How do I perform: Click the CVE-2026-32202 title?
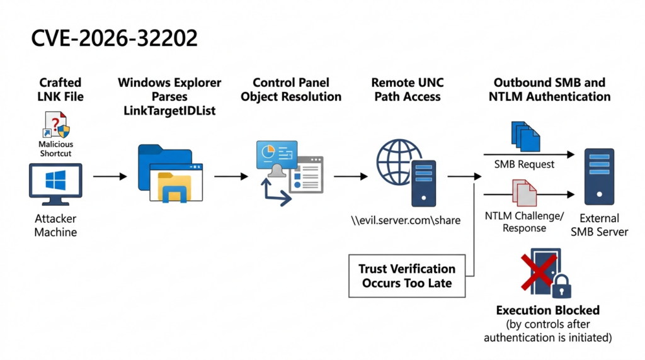(115, 38)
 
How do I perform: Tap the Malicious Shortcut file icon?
(56, 125)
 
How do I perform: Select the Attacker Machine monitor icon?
(55, 184)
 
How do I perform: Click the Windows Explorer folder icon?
(170, 173)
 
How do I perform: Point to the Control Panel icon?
(290, 172)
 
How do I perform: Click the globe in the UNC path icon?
(398, 162)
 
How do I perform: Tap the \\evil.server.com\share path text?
(406, 220)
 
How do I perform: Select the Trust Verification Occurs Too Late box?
(407, 276)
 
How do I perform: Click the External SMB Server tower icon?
(600, 176)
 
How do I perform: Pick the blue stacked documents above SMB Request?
(525, 136)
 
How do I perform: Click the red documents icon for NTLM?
(525, 193)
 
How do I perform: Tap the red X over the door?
(539, 272)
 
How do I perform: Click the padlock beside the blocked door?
(561, 286)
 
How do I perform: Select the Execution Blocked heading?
(547, 310)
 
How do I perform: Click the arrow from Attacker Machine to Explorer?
(110, 176)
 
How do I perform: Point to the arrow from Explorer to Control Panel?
(231, 176)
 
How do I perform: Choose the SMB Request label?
(524, 164)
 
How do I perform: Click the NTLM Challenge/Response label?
(525, 222)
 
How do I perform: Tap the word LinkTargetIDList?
(169, 111)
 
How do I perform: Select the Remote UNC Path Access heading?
(408, 89)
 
